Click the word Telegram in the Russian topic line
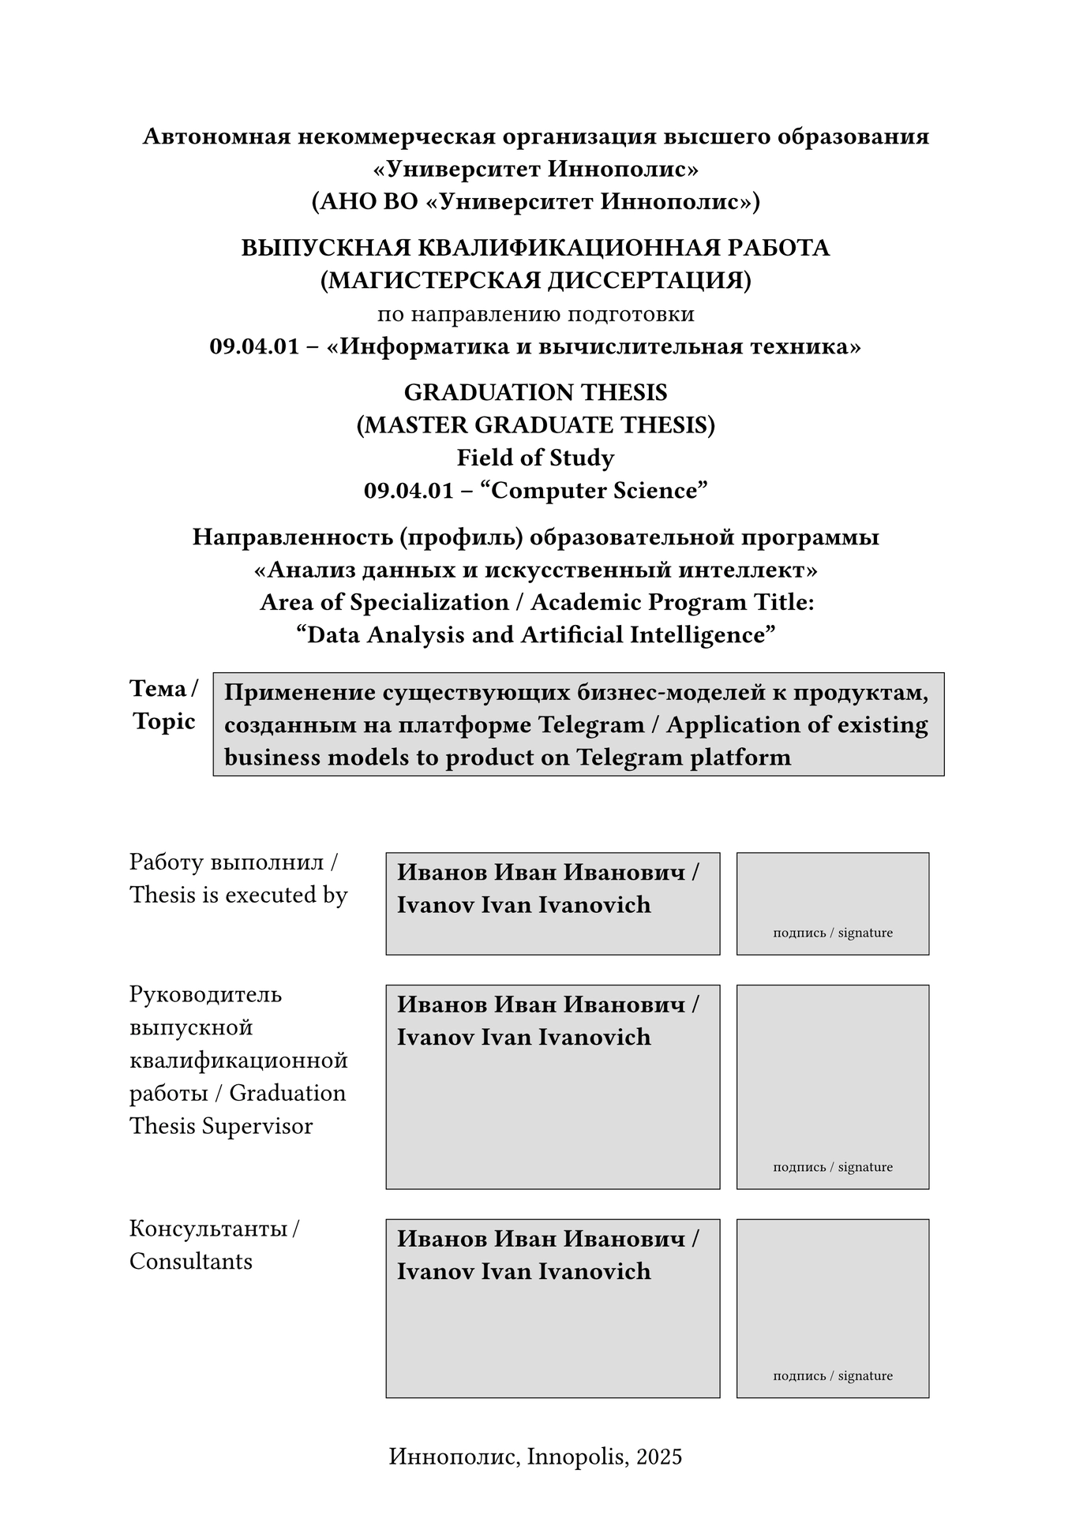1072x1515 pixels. click(x=591, y=724)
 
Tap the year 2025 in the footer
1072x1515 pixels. click(x=659, y=1457)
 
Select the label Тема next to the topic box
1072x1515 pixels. click(x=158, y=689)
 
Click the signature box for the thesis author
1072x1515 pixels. click(x=832, y=903)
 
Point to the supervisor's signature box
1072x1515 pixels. click(x=832, y=1086)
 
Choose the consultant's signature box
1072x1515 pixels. click(x=832, y=1307)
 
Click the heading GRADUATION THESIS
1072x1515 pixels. click(x=535, y=392)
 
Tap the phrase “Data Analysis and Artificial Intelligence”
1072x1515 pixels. click(x=535, y=635)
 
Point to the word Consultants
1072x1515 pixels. click(x=191, y=1262)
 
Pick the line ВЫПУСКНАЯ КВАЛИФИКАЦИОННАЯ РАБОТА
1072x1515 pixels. click(x=535, y=248)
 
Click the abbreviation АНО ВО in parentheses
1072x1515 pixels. click(x=368, y=202)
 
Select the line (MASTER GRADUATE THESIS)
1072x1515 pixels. click(x=535, y=425)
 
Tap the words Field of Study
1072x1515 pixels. click(x=535, y=458)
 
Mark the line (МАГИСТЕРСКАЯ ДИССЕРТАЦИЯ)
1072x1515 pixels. click(x=535, y=281)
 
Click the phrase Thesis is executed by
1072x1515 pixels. click(x=238, y=896)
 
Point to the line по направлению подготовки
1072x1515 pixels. click(x=535, y=314)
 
